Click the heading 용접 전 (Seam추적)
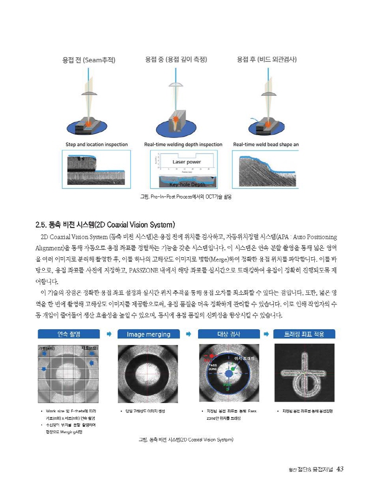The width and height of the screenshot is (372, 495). [x=89, y=60]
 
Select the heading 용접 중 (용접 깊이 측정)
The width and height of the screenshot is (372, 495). [x=176, y=59]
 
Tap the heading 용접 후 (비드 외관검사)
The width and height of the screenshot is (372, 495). [x=266, y=59]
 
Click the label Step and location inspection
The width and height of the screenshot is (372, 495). [x=97, y=144]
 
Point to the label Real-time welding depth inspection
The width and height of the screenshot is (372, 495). [x=183, y=144]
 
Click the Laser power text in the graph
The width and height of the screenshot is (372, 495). [x=186, y=162]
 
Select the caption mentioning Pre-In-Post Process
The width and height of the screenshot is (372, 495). [x=186, y=197]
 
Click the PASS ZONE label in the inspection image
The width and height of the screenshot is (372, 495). [x=213, y=367]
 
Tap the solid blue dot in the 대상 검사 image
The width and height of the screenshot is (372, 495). [x=228, y=373]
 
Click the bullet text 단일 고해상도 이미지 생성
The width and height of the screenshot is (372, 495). [x=144, y=411]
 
